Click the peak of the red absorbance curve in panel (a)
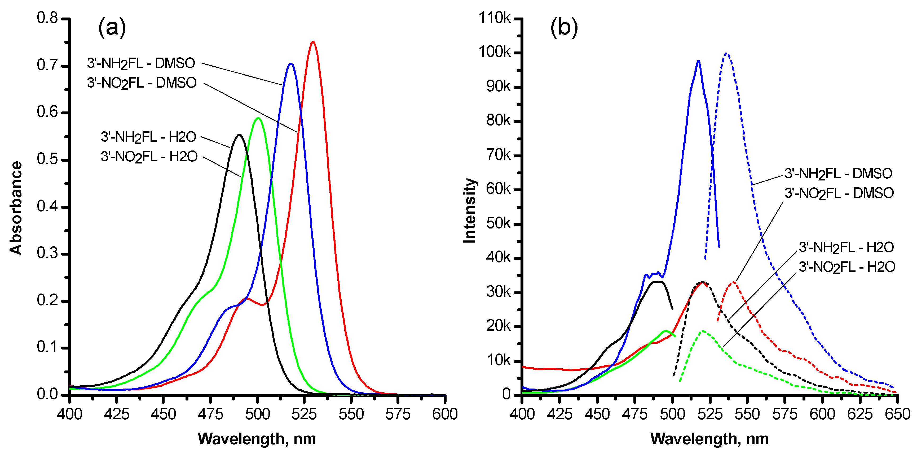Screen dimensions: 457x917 [x=313, y=42]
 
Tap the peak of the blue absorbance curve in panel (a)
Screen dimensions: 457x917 [x=291, y=64]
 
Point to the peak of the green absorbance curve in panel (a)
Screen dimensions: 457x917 [x=258, y=118]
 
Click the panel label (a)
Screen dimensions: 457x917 [x=112, y=27]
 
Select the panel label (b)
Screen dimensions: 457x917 [x=564, y=27]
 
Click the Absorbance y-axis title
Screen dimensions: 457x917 [x=16, y=208]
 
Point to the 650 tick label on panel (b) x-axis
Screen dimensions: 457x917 [x=897, y=415]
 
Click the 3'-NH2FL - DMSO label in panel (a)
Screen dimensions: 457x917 [x=141, y=63]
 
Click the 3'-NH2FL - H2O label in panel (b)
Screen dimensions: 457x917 [x=846, y=247]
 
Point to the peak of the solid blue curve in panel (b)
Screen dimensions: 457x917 [x=698, y=61]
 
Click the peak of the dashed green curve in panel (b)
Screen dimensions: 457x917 [x=702, y=331]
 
